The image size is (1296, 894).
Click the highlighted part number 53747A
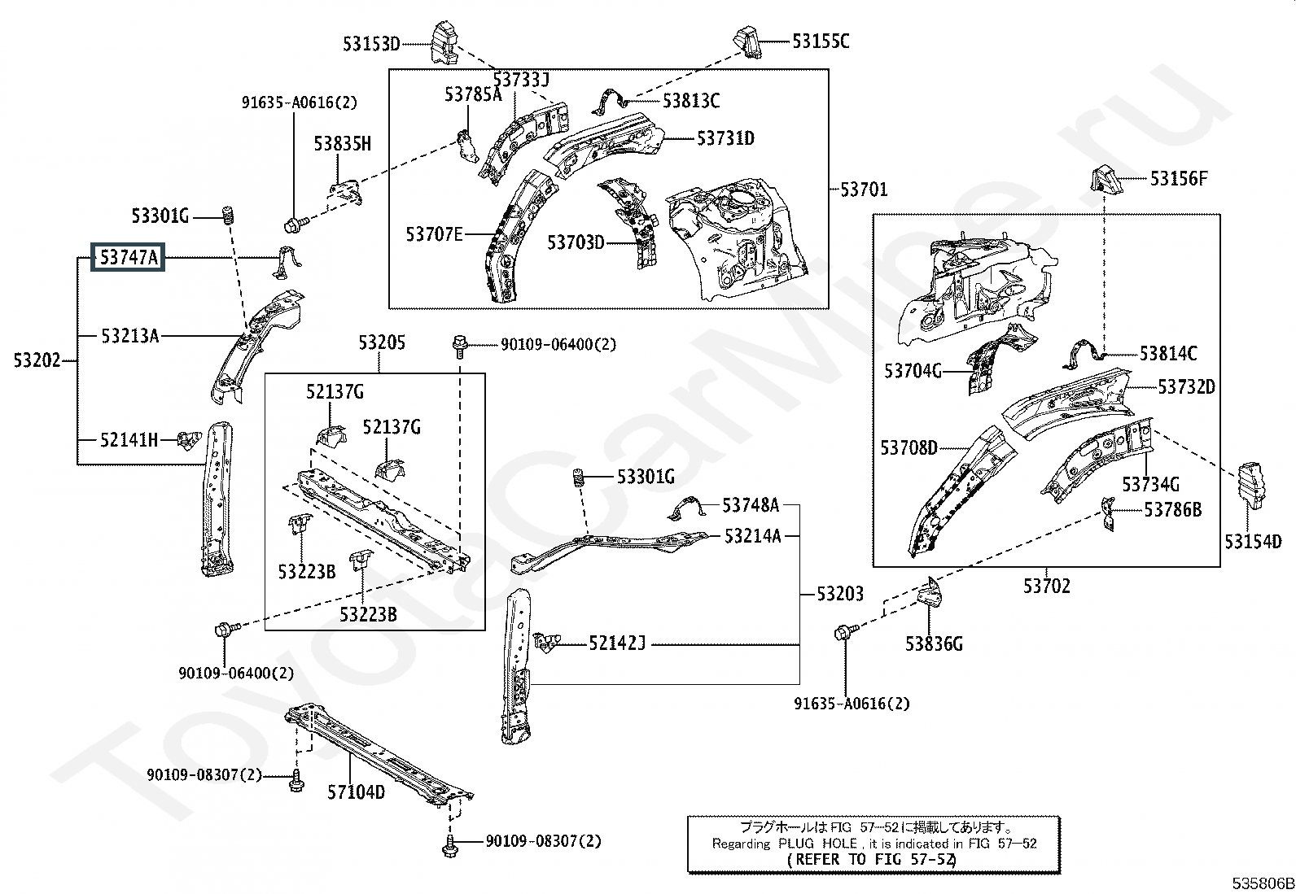coord(129,258)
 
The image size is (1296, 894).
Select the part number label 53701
coord(864,190)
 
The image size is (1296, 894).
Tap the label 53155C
coord(821,41)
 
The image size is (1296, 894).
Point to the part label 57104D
coord(356,791)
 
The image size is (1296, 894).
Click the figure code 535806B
coord(1261,883)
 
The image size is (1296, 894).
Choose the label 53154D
coord(1253,542)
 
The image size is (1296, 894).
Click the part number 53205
coord(382,343)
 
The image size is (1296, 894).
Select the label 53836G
coord(934,644)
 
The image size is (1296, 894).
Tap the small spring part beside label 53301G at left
coord(230,216)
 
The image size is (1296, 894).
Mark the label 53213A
coord(129,335)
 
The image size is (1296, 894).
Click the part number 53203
coord(840,594)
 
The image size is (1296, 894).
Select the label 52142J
coord(617,644)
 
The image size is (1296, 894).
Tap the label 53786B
coord(1172,510)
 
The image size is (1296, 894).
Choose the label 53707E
coord(434,235)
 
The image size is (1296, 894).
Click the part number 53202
coord(37,360)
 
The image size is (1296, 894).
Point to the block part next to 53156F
coord(1104,179)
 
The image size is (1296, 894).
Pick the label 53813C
coord(690,101)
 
